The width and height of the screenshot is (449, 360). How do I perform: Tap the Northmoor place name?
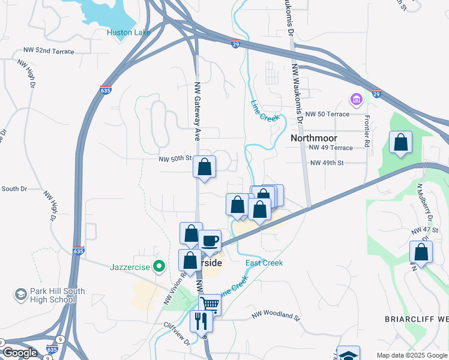click(314, 138)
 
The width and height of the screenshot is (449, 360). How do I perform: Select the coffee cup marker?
click(209, 241)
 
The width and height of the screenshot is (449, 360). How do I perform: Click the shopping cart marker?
click(209, 304)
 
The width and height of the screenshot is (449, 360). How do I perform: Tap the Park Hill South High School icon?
click(20, 295)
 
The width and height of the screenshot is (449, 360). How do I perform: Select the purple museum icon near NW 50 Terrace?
click(356, 98)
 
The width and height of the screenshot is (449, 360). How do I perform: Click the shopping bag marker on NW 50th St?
click(205, 167)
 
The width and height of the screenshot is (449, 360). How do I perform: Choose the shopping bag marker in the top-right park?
click(400, 142)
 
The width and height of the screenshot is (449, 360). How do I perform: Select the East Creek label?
click(264, 263)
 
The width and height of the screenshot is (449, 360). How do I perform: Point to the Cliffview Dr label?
click(176, 333)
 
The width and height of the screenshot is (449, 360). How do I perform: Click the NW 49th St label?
click(327, 163)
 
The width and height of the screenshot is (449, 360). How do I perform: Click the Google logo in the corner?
click(20, 353)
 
